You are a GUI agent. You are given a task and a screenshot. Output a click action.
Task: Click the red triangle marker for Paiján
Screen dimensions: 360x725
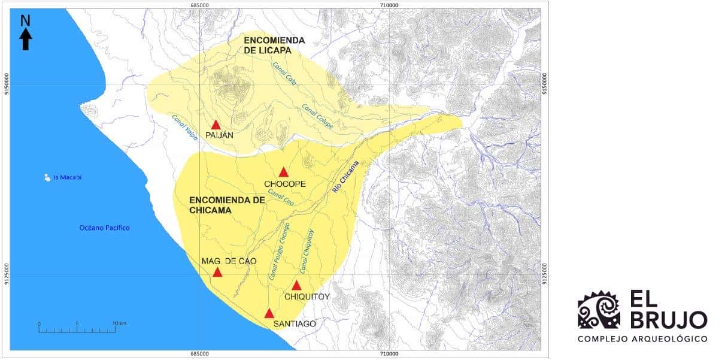tap(216, 125)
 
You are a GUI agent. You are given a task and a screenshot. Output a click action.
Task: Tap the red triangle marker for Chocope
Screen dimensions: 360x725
tap(284, 172)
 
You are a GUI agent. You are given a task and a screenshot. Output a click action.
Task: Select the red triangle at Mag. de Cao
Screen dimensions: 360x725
tap(217, 272)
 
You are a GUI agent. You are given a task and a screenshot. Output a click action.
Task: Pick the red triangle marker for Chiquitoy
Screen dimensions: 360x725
tap(296, 285)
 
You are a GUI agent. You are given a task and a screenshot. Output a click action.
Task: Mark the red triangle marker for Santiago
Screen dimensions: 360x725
tap(269, 313)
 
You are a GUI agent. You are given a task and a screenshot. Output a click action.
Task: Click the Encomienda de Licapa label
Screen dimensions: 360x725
tap(274, 46)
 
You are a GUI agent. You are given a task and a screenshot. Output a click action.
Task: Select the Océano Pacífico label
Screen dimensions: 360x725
tap(105, 228)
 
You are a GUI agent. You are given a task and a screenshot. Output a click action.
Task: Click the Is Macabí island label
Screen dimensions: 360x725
tap(68, 177)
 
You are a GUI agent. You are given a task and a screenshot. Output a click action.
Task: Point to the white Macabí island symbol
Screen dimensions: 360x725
tap(47, 177)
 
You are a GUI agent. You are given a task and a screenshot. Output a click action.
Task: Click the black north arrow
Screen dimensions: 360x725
tap(26, 34)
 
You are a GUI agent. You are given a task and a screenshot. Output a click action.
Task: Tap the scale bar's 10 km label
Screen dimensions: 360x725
tap(119, 323)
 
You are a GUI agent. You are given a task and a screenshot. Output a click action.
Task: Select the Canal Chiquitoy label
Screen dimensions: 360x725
tap(307, 252)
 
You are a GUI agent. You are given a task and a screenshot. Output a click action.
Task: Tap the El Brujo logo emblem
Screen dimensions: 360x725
tap(599, 310)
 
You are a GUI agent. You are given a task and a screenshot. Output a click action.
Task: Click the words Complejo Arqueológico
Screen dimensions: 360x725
tap(642, 339)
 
